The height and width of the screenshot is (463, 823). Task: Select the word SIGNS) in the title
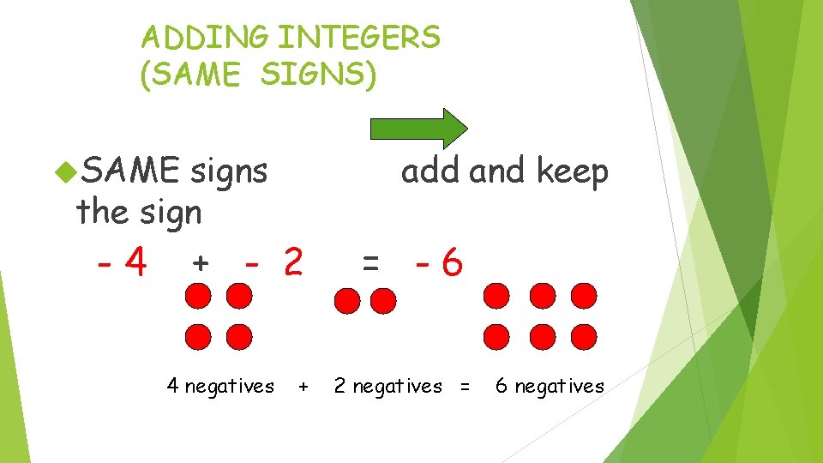318,75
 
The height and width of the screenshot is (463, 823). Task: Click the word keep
572,171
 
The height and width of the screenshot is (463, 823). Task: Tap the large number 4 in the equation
134,263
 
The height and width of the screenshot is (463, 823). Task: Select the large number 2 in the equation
292,263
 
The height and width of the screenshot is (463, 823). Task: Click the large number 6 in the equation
452,264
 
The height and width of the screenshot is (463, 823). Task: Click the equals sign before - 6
370,264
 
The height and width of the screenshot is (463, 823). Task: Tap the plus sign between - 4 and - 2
199,263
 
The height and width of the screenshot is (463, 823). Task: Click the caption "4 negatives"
220,387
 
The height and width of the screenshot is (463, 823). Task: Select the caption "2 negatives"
387,387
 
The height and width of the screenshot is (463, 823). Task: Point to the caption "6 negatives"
550,387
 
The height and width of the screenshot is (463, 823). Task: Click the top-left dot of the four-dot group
198,297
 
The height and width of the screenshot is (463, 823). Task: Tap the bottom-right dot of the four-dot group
240,335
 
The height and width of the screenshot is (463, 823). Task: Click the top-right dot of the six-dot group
584,296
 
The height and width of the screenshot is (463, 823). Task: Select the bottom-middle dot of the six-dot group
541,336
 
